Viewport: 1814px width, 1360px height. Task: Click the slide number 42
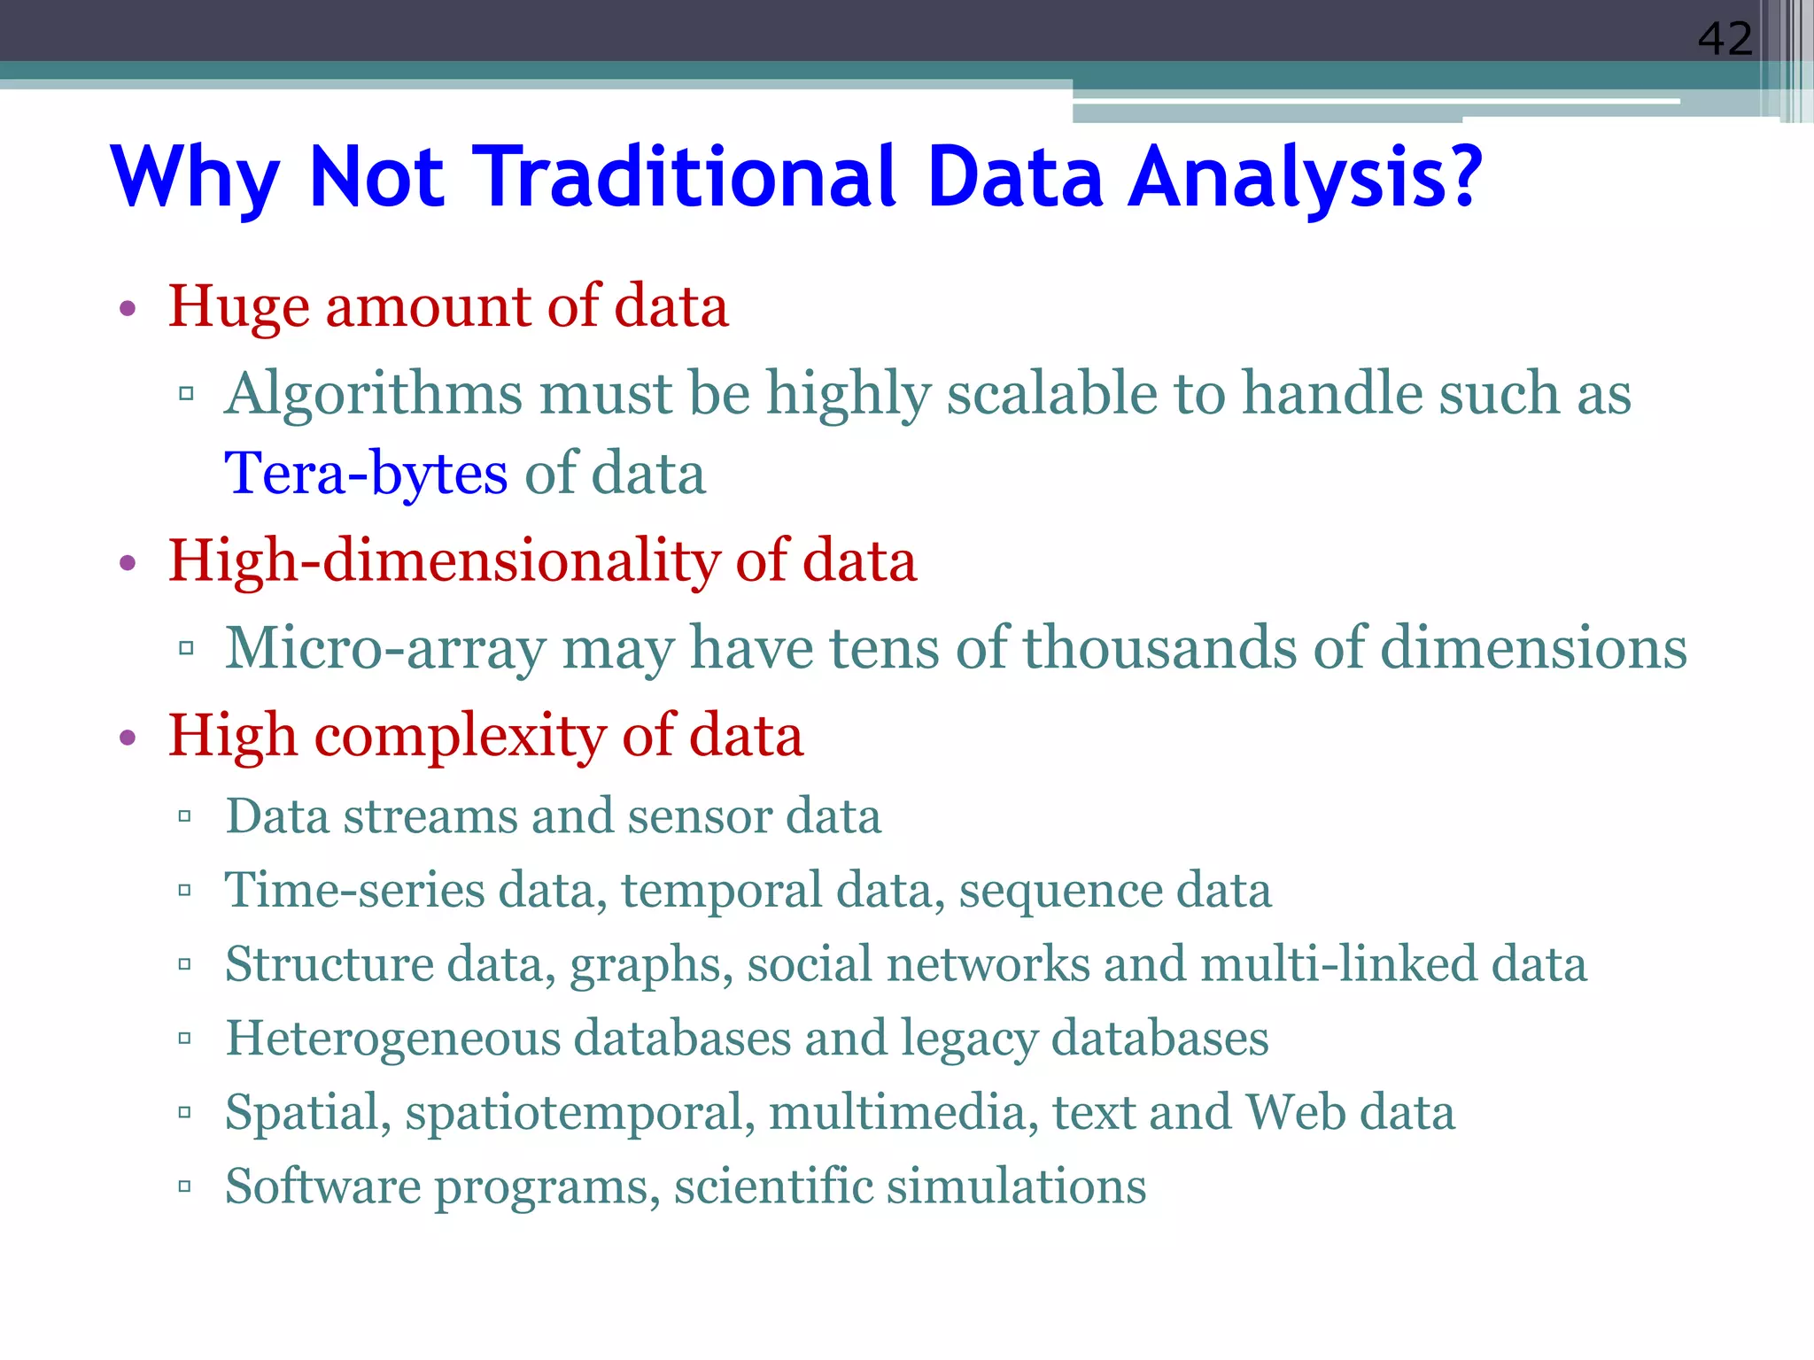click(x=1724, y=39)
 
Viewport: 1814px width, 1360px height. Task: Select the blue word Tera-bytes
click(x=366, y=474)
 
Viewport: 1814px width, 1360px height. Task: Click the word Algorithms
click(x=373, y=394)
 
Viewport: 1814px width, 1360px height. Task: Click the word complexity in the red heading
click(x=460, y=737)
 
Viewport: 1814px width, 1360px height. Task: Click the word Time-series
click(x=355, y=890)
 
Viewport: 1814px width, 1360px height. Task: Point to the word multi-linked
click(x=1338, y=964)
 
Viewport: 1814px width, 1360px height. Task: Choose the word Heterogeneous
click(x=393, y=1039)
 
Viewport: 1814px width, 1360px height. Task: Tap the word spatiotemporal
click(x=580, y=1114)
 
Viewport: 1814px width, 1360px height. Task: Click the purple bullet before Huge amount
click(x=128, y=309)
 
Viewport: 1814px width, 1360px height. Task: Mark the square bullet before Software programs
click(x=185, y=1186)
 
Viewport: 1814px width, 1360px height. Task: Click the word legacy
click(x=968, y=1039)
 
